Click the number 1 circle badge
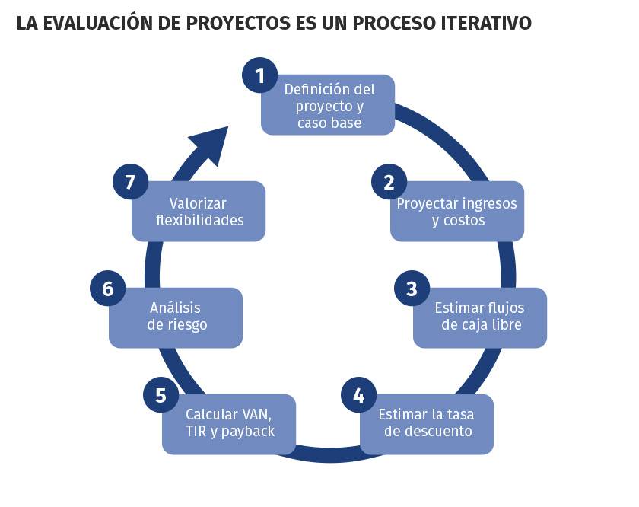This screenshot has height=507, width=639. tap(260, 75)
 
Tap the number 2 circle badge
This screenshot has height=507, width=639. tap(389, 182)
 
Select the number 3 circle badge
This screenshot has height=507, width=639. tap(412, 289)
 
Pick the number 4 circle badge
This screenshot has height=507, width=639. tap(358, 395)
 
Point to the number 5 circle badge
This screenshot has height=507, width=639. tap(161, 395)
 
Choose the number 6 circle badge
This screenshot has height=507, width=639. tap(107, 289)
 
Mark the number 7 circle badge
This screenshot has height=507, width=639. tap(130, 182)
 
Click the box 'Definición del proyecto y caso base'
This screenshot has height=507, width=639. tap(328, 105)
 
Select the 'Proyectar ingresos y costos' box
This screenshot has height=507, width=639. tap(457, 212)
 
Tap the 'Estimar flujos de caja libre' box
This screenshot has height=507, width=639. tap(480, 317)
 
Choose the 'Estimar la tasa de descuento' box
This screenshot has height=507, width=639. tap(427, 424)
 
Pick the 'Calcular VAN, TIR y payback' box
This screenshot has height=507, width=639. tap(229, 424)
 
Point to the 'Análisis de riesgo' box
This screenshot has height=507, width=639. tap(176, 317)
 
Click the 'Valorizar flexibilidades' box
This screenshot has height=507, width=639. tap(199, 212)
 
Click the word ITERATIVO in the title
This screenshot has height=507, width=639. tap(486, 24)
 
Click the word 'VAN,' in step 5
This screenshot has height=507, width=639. tap(257, 415)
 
